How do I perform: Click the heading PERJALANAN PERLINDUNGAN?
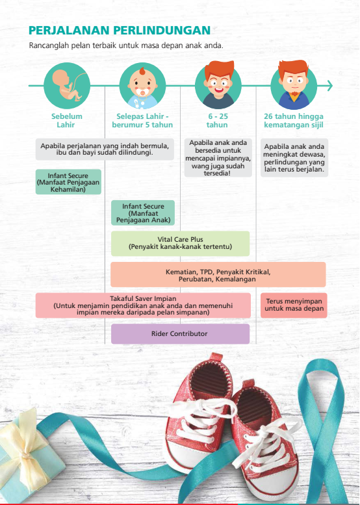pos(120,31)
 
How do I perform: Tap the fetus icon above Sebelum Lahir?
pos(67,86)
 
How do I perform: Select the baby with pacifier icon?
pos(143,86)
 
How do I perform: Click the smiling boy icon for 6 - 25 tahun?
pos(218,85)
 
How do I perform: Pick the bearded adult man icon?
pos(294,85)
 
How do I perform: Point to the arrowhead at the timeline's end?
pos(329,86)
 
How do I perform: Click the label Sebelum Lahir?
pos(67,120)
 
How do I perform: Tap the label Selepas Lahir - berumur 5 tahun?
pos(143,120)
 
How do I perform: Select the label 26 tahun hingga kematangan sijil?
pos(294,120)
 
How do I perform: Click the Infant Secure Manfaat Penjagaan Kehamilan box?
pos(68,182)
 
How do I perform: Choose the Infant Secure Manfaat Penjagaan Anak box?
pos(143,213)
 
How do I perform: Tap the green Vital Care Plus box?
pos(180,244)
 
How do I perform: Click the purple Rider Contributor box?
pos(180,333)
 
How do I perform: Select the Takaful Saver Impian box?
pos(143,305)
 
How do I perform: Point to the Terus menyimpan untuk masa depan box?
pos(294,305)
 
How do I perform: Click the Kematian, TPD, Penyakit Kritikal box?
pos(218,274)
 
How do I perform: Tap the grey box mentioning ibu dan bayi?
pos(105,149)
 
